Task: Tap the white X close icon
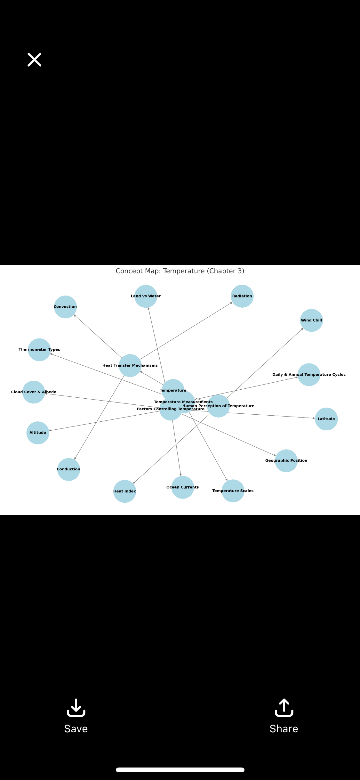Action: [34, 60]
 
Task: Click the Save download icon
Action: [76, 707]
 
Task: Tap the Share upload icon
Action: [284, 707]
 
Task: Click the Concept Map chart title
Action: [180, 271]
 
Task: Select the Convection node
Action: [65, 307]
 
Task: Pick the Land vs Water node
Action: [146, 296]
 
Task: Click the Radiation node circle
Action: [242, 296]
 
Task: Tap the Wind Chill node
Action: [311, 320]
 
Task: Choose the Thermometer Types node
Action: [39, 350]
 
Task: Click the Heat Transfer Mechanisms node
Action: [130, 365]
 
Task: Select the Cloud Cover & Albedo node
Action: [34, 392]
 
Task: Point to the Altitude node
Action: [38, 433]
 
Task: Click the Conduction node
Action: [68, 469]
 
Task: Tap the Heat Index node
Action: [125, 491]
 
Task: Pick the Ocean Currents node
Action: [183, 487]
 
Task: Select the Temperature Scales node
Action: [233, 491]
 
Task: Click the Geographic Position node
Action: [286, 461]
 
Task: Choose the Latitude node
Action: [326, 419]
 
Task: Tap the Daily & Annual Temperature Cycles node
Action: [309, 375]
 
